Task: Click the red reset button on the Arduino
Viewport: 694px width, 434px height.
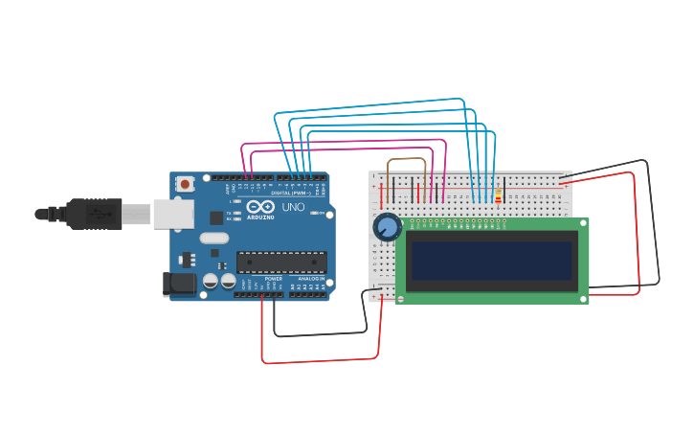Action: tap(186, 182)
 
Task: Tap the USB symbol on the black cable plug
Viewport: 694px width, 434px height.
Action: tap(97, 214)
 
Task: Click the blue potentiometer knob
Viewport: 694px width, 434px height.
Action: tap(387, 227)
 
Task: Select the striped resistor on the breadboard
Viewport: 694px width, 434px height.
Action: tap(498, 195)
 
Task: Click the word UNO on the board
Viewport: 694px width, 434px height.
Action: tap(293, 207)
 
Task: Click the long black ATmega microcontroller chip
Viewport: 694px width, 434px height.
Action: tap(281, 262)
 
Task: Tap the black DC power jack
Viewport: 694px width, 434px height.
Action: tap(178, 283)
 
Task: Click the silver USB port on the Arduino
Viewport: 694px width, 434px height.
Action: tap(173, 214)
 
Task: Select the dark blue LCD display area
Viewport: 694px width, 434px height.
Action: tap(492, 261)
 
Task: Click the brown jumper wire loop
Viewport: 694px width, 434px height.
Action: tap(407, 161)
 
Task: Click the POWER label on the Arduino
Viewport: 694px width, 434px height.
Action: tap(273, 279)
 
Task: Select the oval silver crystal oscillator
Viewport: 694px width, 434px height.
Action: tap(214, 238)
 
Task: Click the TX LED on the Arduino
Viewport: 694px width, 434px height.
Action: tap(235, 213)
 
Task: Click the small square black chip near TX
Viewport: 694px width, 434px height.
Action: tap(217, 217)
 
